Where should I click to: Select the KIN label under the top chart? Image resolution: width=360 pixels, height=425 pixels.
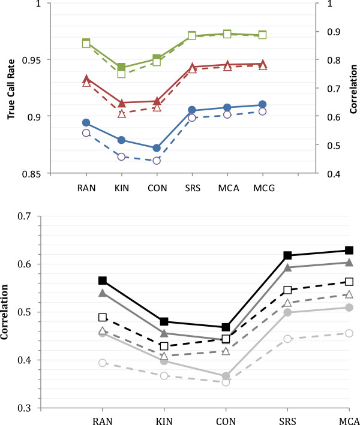point(121,186)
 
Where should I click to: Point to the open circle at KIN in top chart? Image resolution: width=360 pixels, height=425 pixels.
point(122,157)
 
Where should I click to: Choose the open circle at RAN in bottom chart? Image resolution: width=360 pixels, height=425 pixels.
point(103,363)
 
